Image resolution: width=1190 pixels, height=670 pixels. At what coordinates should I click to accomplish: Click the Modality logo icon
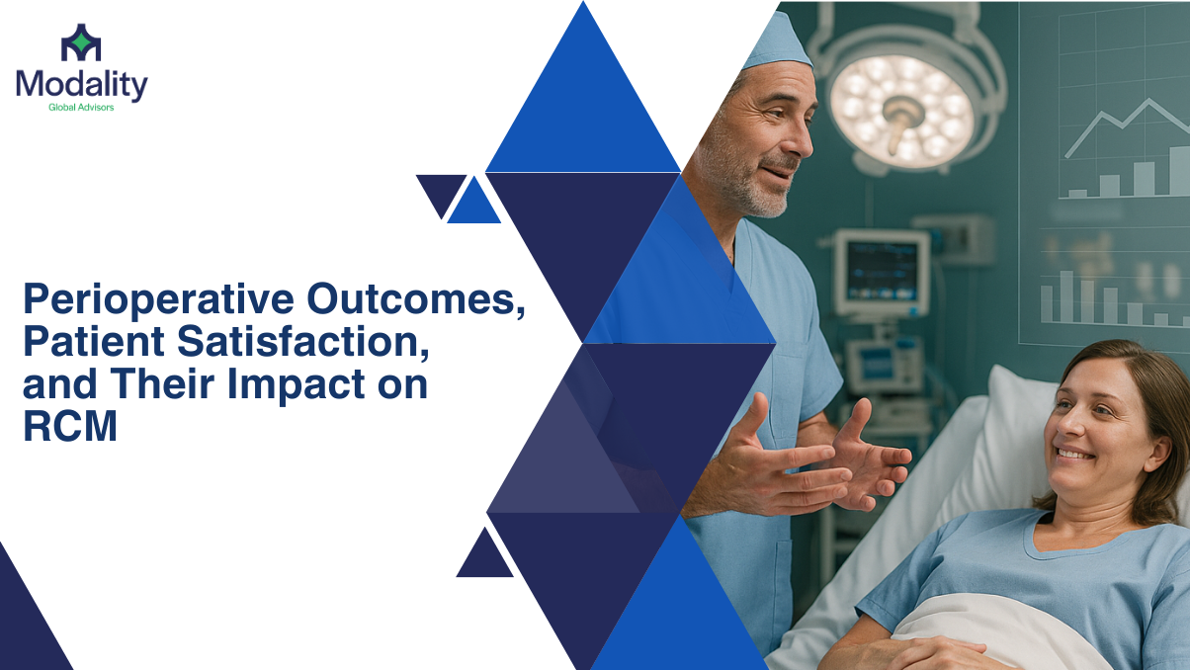click(81, 42)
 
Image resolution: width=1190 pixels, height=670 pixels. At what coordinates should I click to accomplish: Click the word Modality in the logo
click(82, 85)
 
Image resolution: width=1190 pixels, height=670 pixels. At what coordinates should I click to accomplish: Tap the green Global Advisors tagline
click(81, 108)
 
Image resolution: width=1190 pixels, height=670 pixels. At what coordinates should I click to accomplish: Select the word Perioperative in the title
click(158, 300)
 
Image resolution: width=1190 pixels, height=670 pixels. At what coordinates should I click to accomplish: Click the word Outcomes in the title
click(416, 299)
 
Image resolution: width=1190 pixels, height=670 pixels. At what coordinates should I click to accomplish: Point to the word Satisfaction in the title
click(302, 342)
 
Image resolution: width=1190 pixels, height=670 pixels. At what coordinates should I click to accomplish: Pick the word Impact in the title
click(296, 385)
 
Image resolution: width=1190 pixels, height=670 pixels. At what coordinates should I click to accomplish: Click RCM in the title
click(70, 426)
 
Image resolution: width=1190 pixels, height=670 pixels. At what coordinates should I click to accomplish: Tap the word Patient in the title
click(94, 342)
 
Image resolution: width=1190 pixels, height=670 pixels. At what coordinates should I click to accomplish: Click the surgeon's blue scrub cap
click(777, 42)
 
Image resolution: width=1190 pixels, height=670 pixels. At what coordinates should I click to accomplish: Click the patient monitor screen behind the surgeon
click(882, 271)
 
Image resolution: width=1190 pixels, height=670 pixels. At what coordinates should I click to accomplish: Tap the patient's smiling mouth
click(1075, 454)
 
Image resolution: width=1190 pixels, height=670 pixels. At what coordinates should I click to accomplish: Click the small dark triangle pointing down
click(441, 194)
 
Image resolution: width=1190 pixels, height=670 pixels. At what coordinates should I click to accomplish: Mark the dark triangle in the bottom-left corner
click(27, 622)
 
